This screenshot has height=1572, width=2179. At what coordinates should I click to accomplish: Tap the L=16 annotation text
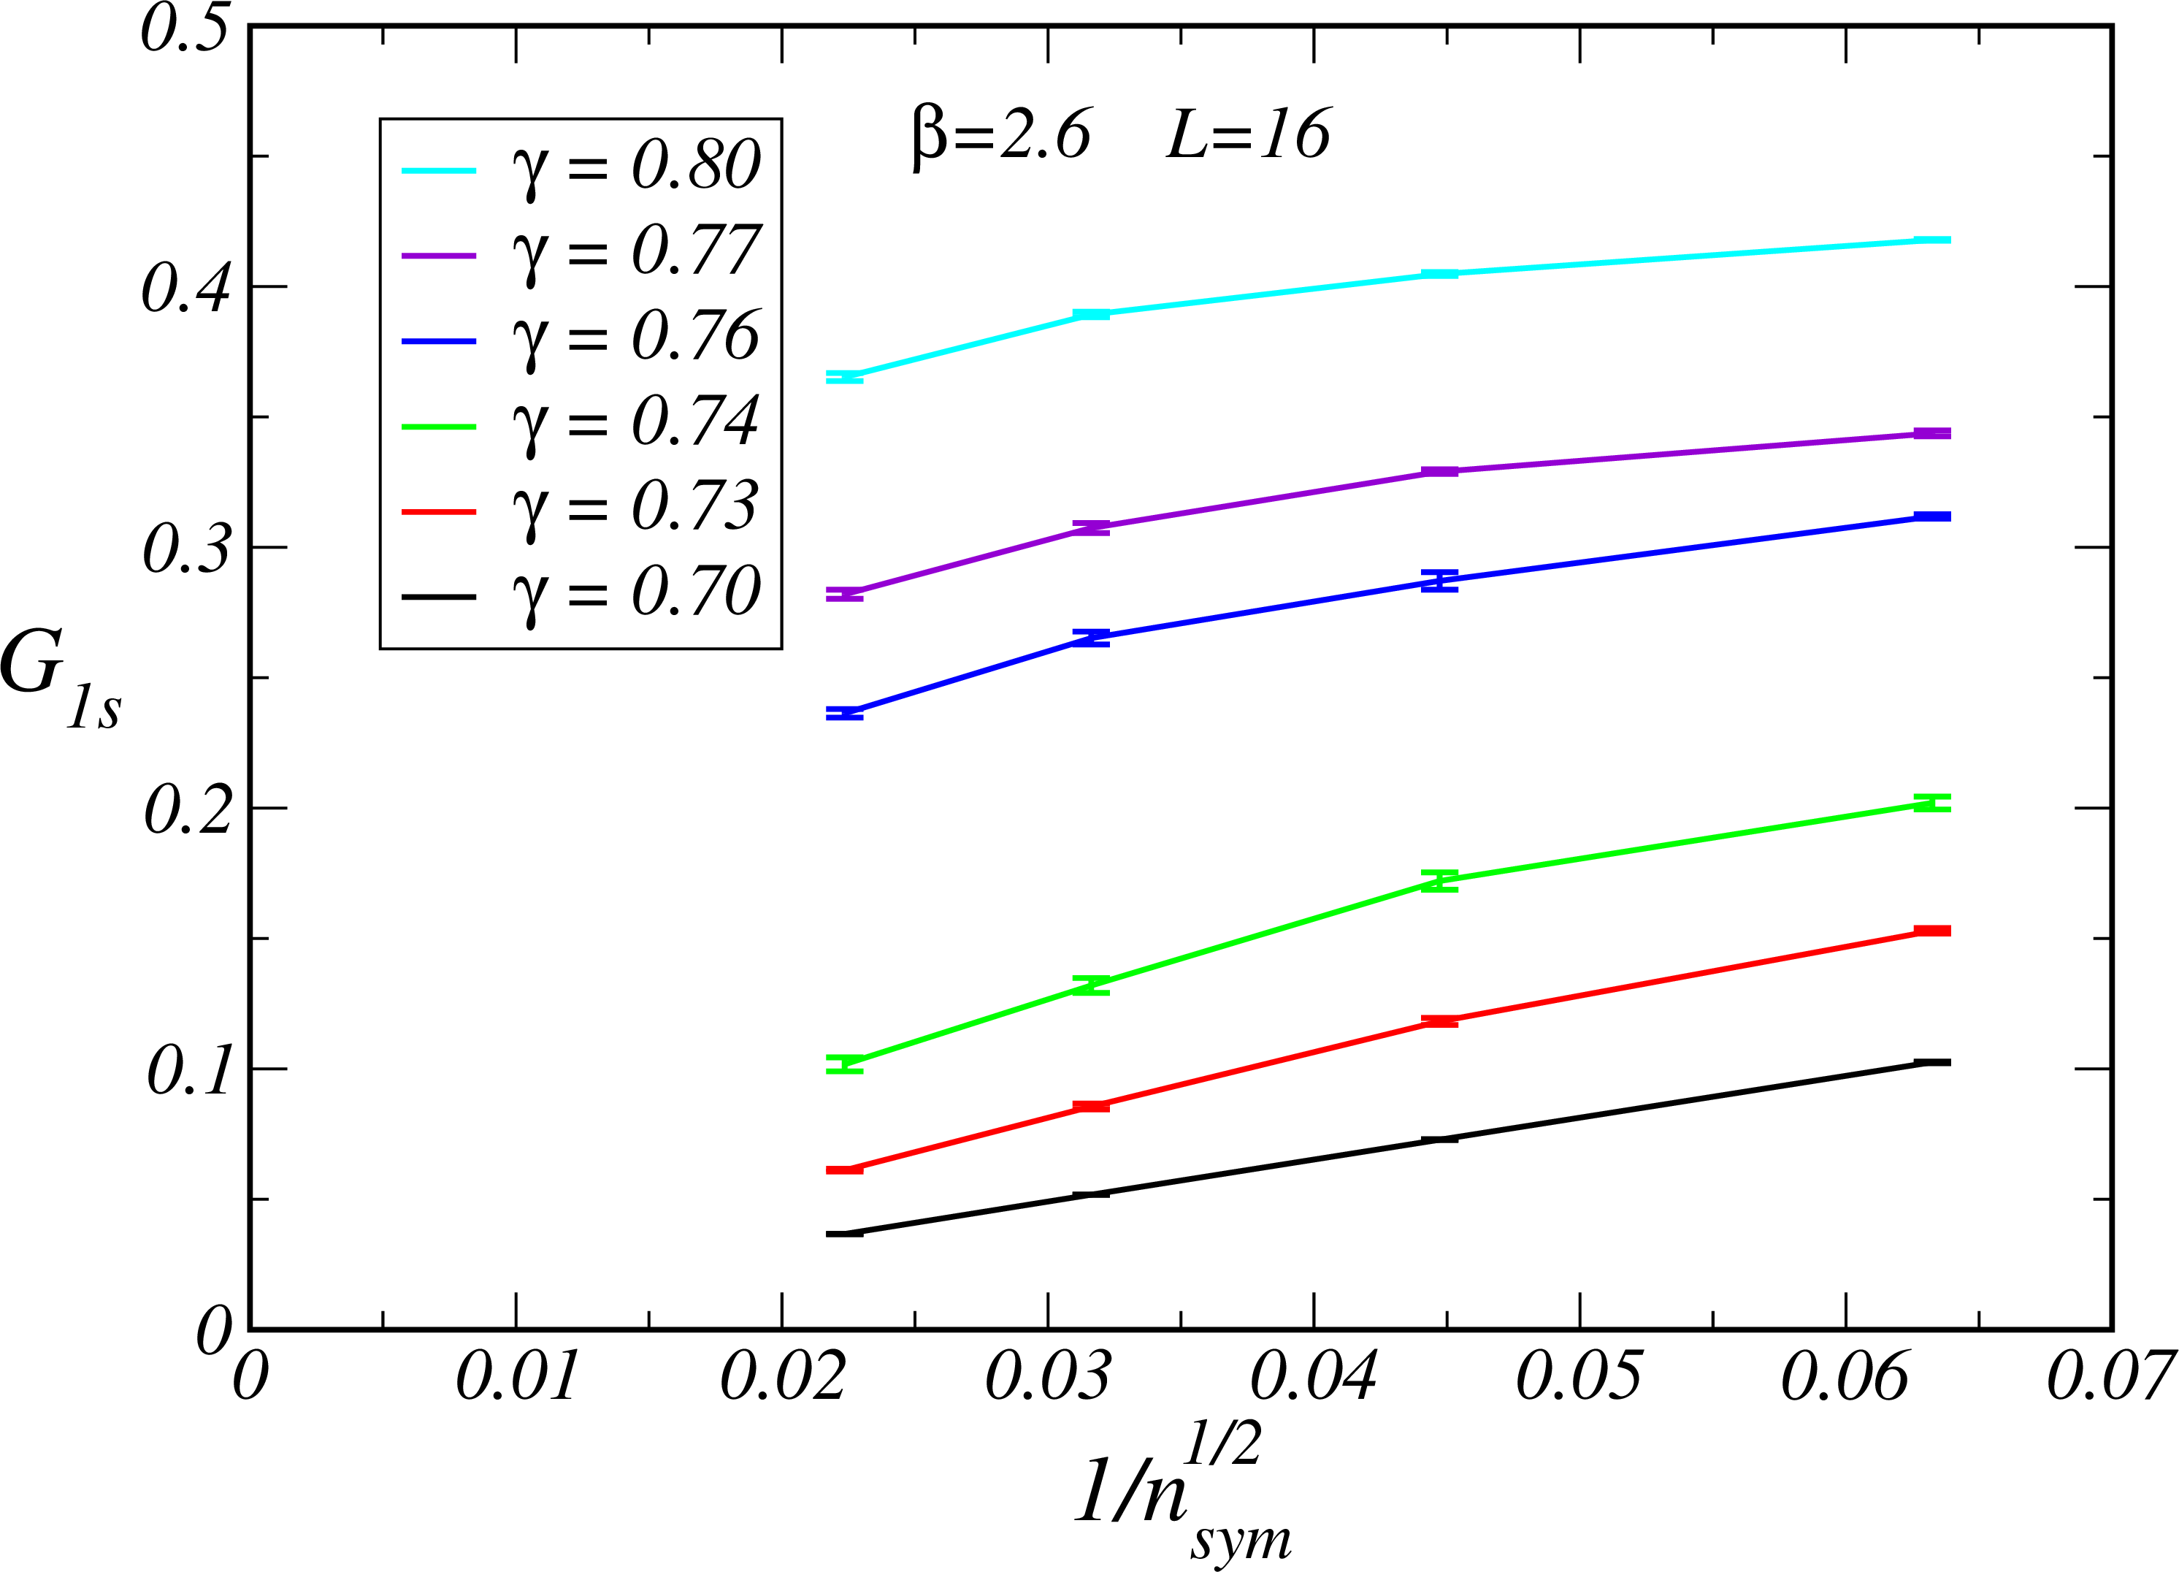pos(1248,134)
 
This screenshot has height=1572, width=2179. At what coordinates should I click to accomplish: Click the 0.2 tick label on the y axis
pos(188,809)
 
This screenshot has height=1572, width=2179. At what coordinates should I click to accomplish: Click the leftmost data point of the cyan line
pos(844,377)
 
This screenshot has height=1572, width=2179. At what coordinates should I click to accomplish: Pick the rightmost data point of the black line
pos(1932,1062)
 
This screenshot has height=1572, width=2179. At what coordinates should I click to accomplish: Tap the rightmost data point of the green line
pos(1932,804)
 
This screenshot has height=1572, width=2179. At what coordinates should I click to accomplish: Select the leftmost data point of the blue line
pos(844,713)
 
